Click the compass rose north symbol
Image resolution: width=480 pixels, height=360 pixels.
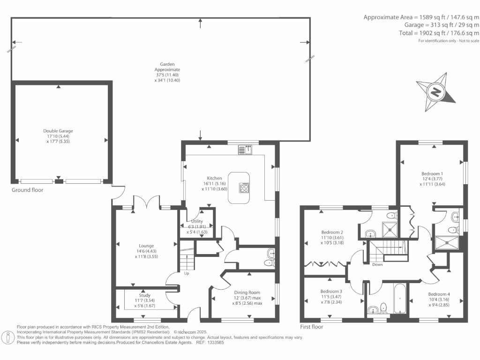(435, 92)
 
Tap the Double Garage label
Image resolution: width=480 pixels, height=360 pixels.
(58, 136)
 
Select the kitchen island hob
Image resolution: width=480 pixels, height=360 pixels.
(244, 187)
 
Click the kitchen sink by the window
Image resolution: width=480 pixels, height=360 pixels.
(245, 150)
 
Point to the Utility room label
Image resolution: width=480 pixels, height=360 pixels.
(197, 226)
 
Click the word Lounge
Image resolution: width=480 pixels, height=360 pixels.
(146, 246)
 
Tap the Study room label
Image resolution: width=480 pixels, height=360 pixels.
(145, 300)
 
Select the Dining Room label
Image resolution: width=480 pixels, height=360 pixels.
(247, 298)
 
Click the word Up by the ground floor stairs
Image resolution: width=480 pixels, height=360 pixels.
(187, 273)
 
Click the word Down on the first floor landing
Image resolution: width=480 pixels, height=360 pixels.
(377, 264)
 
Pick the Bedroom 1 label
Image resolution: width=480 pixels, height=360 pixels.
(432, 179)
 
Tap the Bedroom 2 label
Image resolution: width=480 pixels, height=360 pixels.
(332, 238)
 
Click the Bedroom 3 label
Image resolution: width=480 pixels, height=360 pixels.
(331, 297)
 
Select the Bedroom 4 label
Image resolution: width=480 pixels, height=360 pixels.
(439, 300)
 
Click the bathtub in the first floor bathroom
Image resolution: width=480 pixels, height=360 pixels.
(400, 299)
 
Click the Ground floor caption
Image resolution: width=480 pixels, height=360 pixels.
(27, 190)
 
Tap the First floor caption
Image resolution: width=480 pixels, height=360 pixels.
(311, 327)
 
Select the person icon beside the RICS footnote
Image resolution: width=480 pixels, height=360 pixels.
(8, 337)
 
